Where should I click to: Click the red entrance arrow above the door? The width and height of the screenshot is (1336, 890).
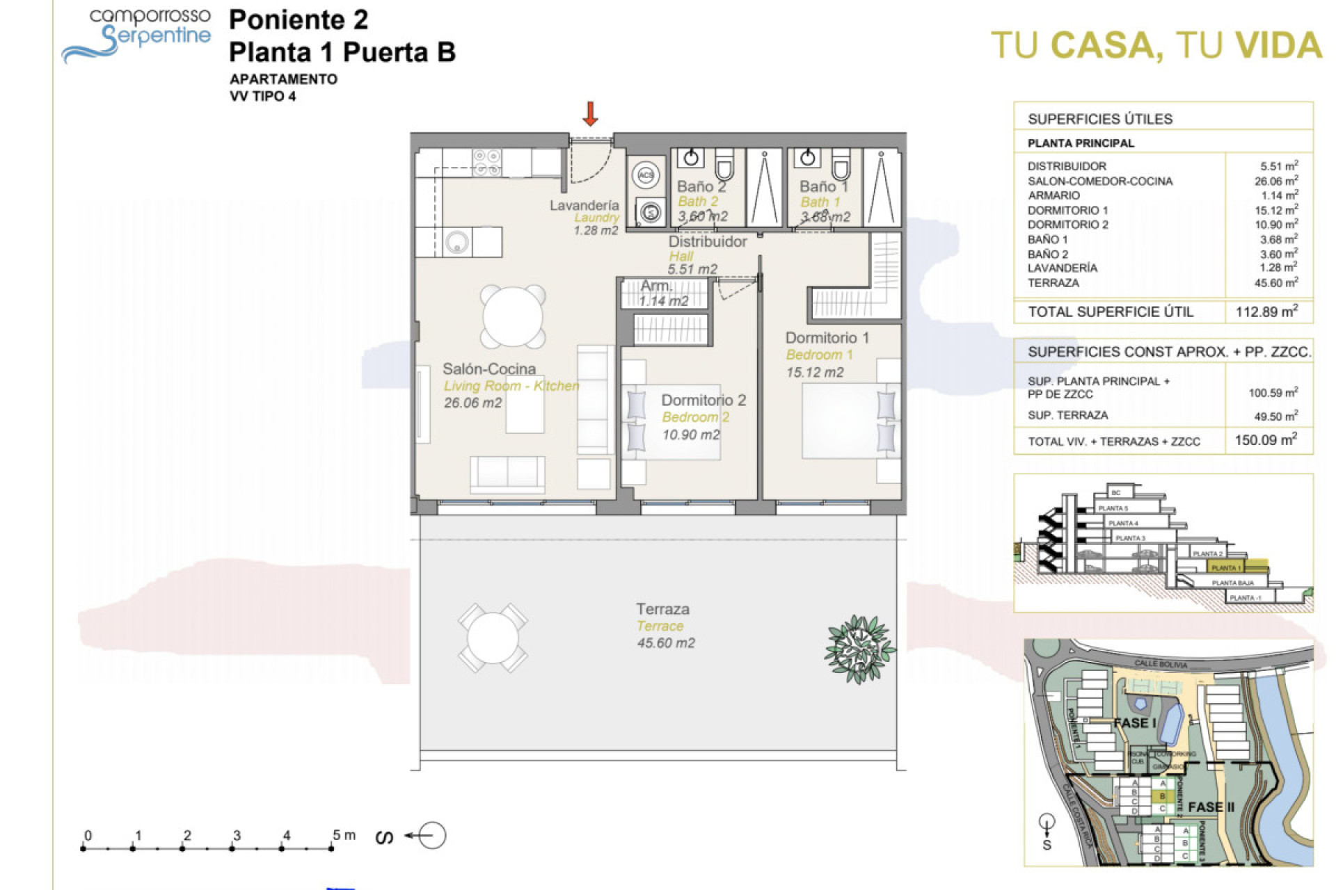590,114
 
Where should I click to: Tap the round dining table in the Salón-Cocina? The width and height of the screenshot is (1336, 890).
513,316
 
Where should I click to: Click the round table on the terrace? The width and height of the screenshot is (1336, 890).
493,638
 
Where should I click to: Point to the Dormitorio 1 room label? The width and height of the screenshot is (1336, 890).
827,338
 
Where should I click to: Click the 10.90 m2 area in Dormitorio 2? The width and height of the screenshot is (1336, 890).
690,435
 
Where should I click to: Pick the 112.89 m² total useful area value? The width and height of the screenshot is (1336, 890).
1266,311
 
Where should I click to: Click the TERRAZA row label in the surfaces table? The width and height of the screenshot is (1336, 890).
1053,283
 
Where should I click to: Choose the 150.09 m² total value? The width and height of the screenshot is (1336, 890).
1265,440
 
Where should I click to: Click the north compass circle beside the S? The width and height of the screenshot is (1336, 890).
432,835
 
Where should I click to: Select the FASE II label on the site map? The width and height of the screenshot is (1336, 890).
1211,807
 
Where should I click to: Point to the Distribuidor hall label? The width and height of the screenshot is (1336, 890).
707,242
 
